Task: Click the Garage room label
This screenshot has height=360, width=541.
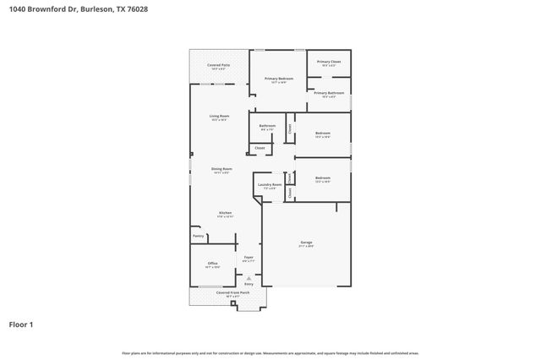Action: pyautogui.click(x=305, y=243)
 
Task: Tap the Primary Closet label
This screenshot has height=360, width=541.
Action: pyautogui.click(x=329, y=62)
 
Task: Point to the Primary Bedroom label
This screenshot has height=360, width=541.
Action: pyautogui.click(x=278, y=79)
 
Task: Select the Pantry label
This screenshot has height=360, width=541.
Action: pyautogui.click(x=198, y=236)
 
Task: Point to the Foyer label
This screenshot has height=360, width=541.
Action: pyautogui.click(x=249, y=257)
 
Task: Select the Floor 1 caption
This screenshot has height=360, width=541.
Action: pyautogui.click(x=22, y=324)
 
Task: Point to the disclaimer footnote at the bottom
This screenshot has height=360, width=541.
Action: pyautogui.click(x=270, y=352)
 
